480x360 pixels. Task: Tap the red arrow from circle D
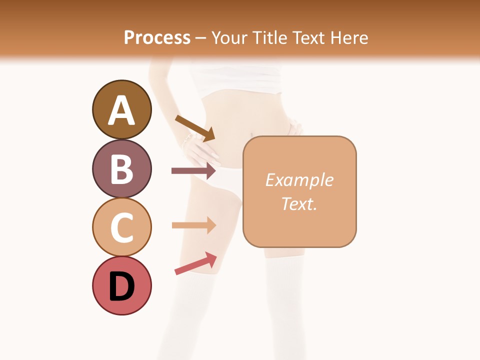pos(195,263)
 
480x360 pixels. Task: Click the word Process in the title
pos(157,37)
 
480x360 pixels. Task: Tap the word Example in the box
pos(299,180)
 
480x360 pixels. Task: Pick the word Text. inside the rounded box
pos(299,203)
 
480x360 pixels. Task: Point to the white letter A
pos(121,110)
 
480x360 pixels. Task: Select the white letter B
pos(121,169)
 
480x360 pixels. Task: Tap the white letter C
pos(121,227)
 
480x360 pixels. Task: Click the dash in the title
pos(200,38)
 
